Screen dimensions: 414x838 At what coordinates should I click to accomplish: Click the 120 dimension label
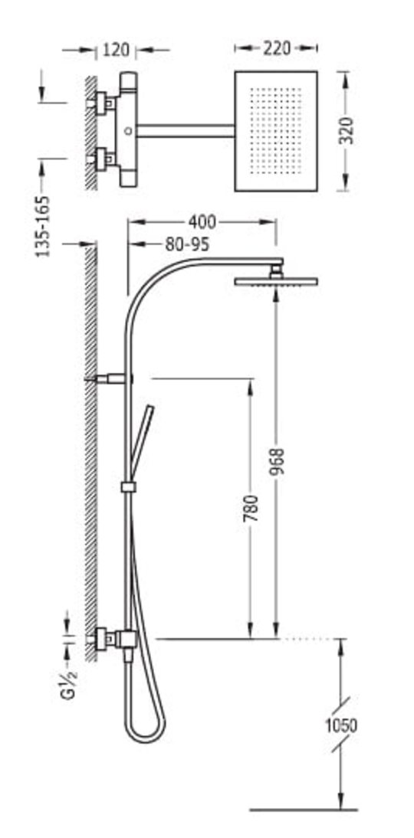(116, 50)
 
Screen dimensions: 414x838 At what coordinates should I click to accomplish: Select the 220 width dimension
(277, 48)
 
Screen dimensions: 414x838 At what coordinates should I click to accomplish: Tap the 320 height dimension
(347, 130)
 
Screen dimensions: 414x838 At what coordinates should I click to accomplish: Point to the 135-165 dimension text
(43, 226)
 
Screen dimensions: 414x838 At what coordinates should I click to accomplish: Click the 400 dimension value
(202, 222)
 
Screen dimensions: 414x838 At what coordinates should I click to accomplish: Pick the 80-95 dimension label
(186, 245)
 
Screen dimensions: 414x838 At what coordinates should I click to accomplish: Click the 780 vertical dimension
(251, 509)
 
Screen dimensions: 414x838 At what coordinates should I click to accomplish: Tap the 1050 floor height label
(341, 725)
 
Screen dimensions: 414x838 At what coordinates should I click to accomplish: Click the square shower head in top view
(276, 131)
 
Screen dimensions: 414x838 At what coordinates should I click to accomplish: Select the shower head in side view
(276, 281)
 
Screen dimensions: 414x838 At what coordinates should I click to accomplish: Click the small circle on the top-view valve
(127, 130)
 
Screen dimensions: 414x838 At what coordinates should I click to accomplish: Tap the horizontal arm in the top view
(186, 131)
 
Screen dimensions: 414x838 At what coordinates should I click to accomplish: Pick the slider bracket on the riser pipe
(128, 486)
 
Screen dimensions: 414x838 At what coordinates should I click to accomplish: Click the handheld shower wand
(143, 440)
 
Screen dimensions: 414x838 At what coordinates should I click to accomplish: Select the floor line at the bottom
(304, 810)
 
